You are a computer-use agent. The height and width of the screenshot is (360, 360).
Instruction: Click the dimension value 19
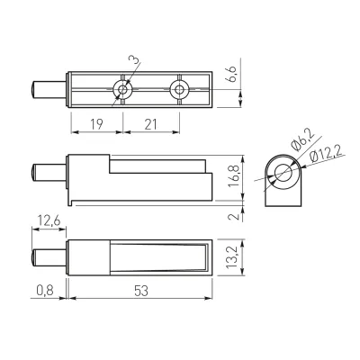pyautogui.click(x=96, y=124)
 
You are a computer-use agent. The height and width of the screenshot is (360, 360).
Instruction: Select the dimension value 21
pyautogui.click(x=150, y=124)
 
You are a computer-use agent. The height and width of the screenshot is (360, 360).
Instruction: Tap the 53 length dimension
pyautogui.click(x=141, y=291)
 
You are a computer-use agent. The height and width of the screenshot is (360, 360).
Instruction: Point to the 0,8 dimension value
pyautogui.click(x=45, y=291)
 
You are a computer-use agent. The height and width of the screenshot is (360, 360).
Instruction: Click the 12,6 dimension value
pyautogui.click(x=49, y=221)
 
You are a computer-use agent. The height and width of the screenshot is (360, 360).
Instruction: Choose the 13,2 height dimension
pyautogui.click(x=232, y=257)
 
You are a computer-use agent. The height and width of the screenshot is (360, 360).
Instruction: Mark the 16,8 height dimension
pyautogui.click(x=234, y=175)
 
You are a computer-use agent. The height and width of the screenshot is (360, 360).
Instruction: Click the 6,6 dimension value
pyautogui.click(x=232, y=74)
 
